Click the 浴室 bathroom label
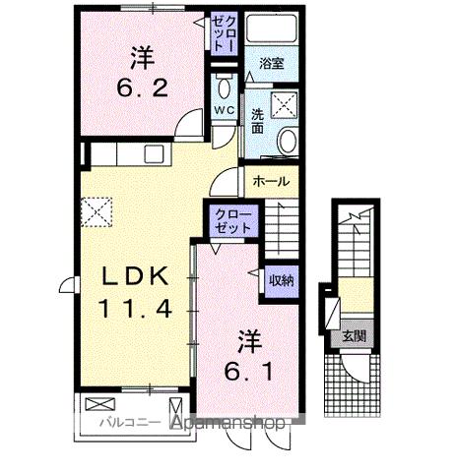(272, 63)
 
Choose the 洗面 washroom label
(256, 119)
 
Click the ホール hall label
(271, 182)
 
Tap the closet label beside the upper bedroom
(224, 34)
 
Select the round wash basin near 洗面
(288, 141)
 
